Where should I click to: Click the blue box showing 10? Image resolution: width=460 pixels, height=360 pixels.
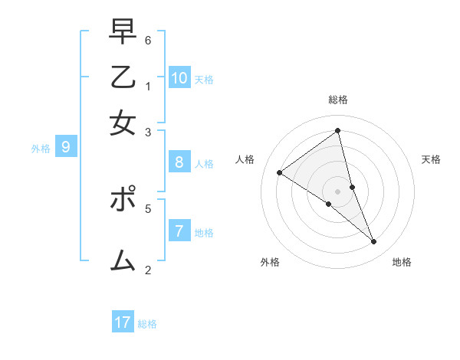click(x=179, y=77)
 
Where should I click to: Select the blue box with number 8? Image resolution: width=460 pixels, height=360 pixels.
click(x=179, y=162)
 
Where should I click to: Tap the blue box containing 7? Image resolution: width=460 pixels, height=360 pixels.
click(x=179, y=231)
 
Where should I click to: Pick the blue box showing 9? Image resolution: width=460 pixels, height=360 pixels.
click(x=65, y=148)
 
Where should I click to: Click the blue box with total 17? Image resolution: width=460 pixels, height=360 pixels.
click(x=123, y=322)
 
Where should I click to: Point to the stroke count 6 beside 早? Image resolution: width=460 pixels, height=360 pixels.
click(x=148, y=41)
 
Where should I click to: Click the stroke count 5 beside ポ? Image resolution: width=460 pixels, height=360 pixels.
click(x=148, y=208)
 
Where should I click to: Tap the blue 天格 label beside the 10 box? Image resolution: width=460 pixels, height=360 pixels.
click(x=204, y=79)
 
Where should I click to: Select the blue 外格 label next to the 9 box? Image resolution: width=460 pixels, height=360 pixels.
click(x=41, y=149)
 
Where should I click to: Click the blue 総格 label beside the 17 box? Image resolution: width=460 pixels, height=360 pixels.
click(x=147, y=324)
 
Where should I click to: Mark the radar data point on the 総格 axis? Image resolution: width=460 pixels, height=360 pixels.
click(x=338, y=131)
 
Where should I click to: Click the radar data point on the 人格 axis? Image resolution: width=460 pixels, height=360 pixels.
click(x=279, y=172)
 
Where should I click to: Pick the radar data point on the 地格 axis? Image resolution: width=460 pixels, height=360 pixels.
click(x=374, y=242)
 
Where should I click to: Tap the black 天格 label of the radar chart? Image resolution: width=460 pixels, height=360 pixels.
click(x=431, y=159)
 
